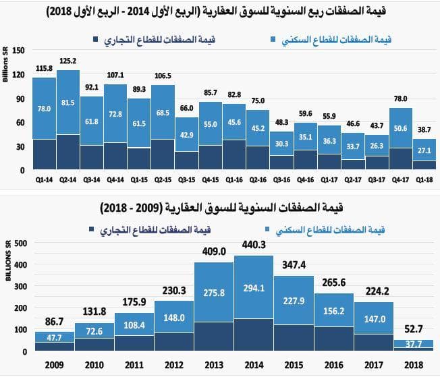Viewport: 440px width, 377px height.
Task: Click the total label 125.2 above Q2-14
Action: tap(67, 61)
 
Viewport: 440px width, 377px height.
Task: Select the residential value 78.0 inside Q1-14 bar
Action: tap(44, 108)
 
